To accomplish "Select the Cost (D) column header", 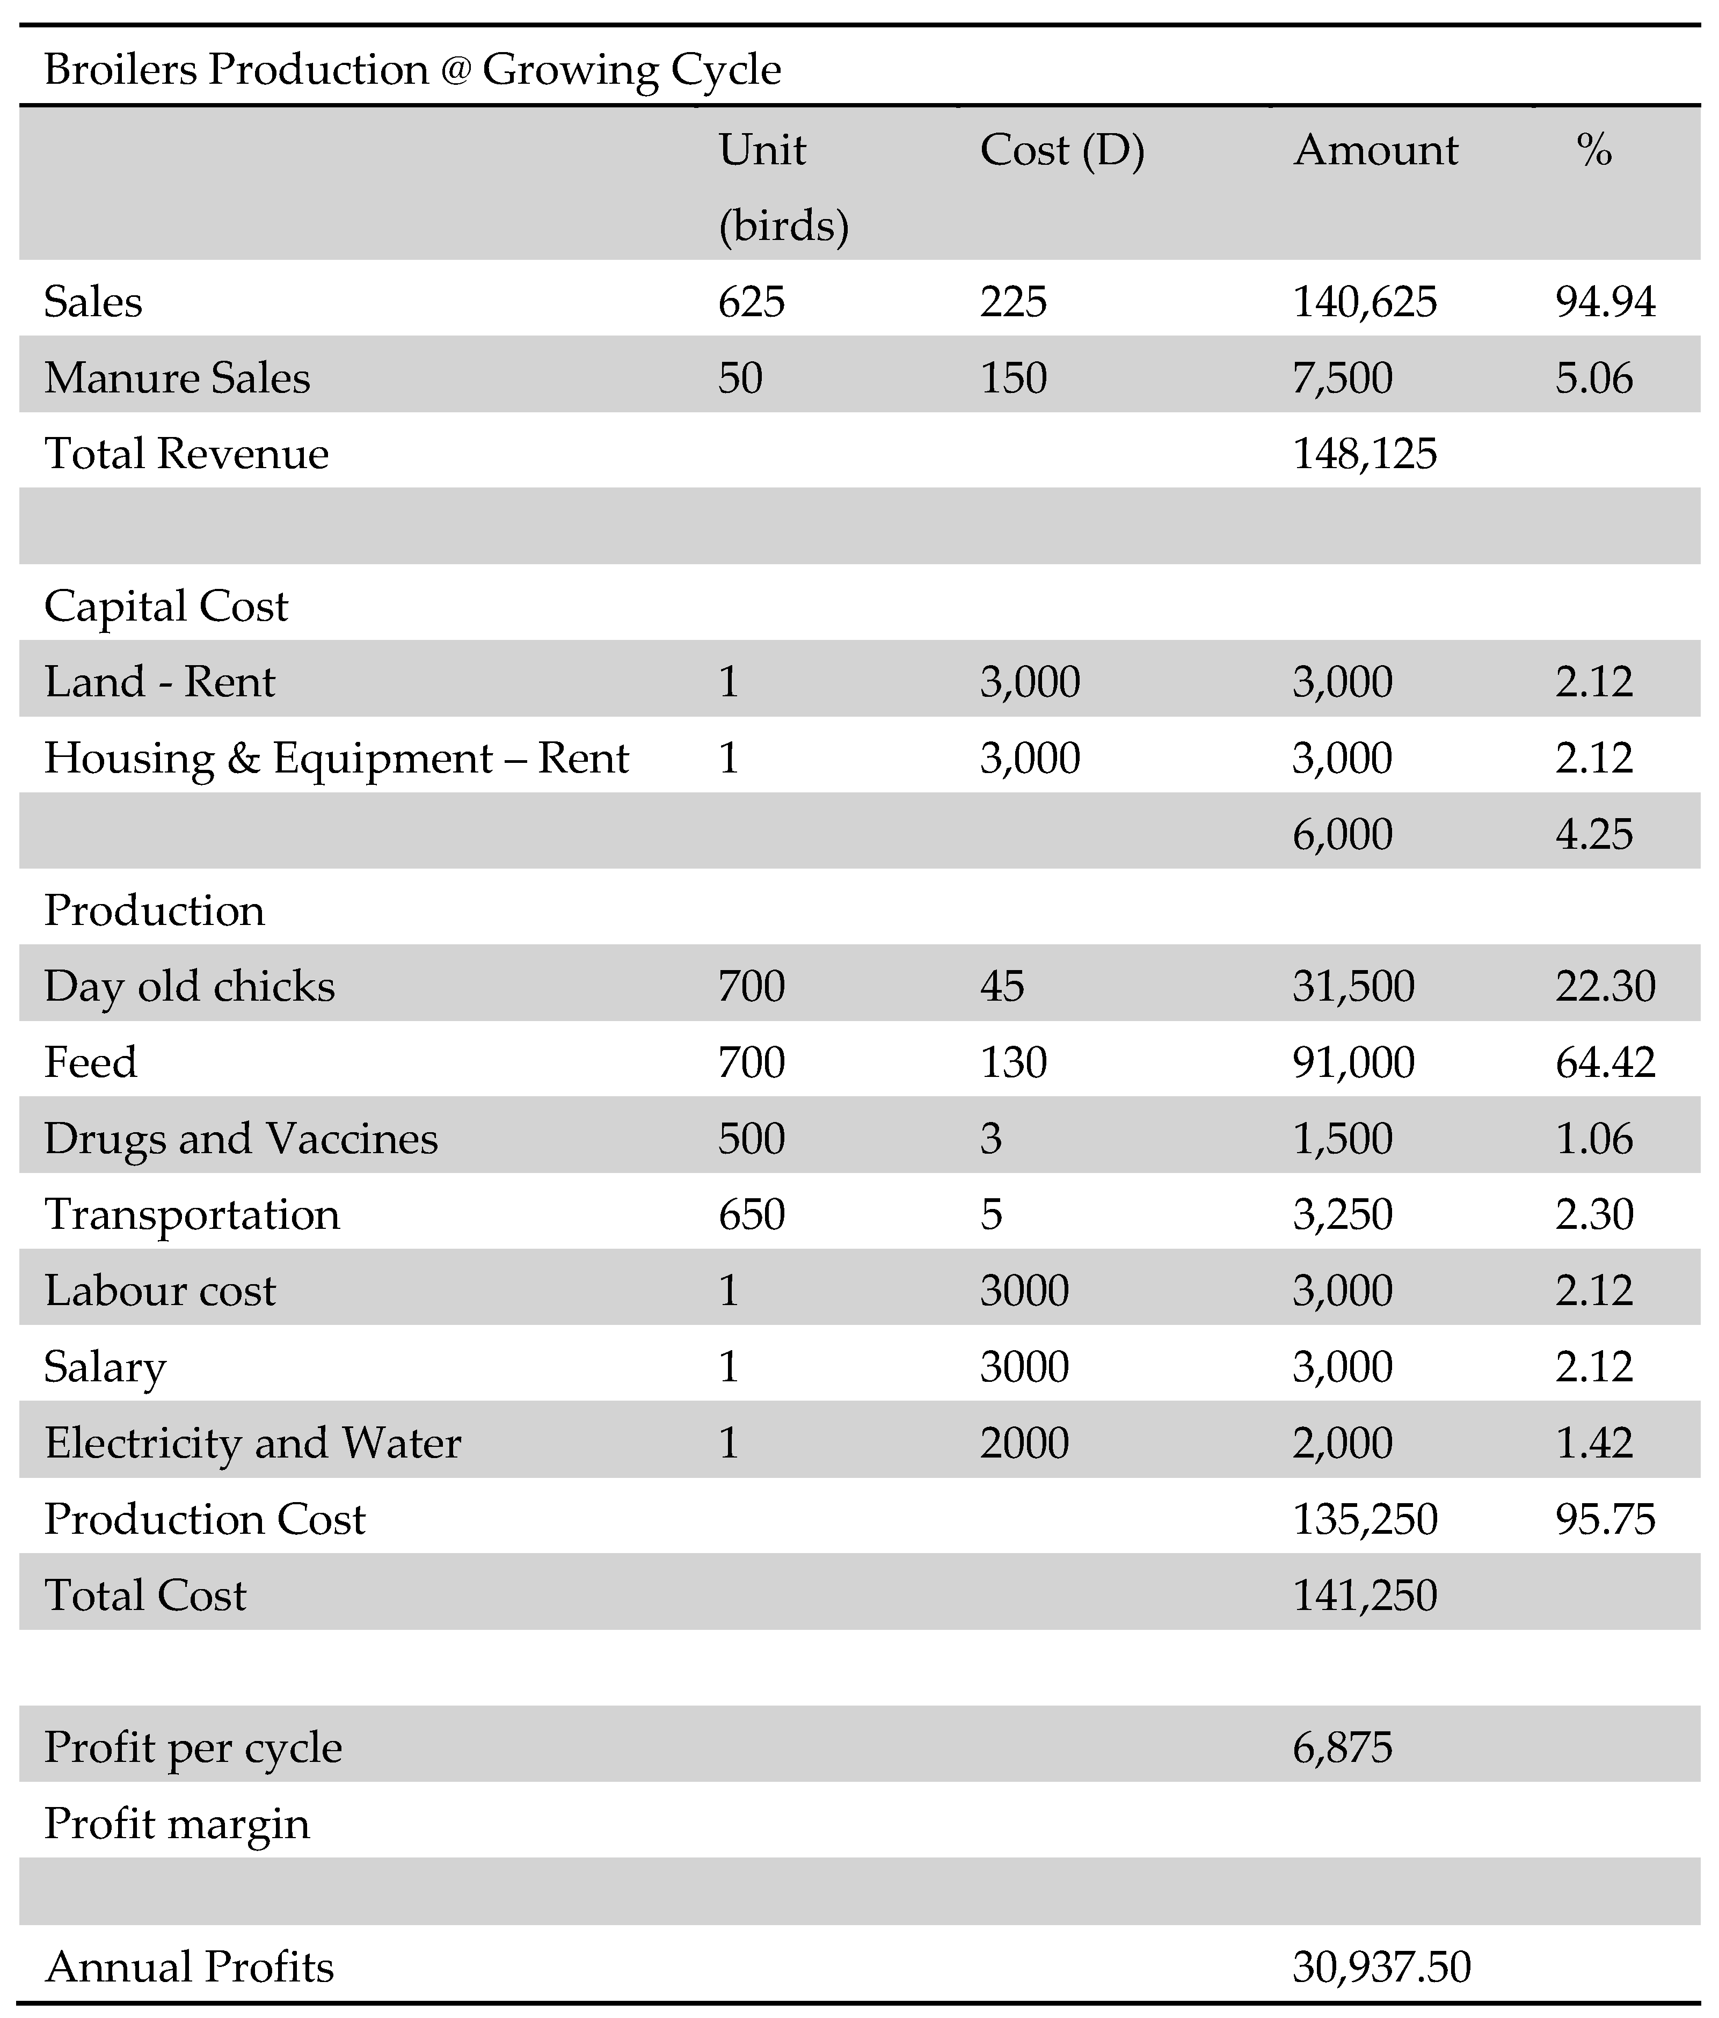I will [1061, 151].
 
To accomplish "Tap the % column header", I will [1594, 151].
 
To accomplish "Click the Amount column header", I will [1375, 151].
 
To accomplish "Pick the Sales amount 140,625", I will [1365, 302].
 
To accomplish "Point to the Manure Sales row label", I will [177, 378].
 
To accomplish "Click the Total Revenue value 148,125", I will [1365, 454].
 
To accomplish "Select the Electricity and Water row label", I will [252, 1443].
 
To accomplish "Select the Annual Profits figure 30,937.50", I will [1381, 1966].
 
